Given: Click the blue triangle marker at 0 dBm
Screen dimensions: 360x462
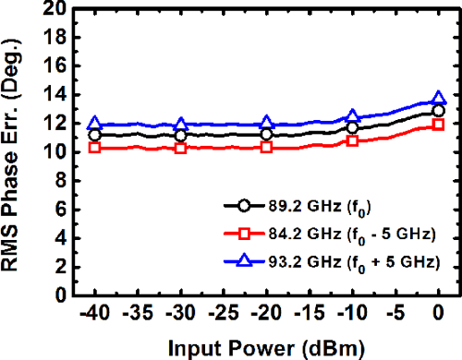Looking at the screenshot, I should point(439,98).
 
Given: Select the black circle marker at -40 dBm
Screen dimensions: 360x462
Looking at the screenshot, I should point(93,135).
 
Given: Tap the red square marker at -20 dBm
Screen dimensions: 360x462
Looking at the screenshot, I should point(266,147).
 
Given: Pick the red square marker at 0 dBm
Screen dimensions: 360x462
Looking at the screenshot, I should point(439,124).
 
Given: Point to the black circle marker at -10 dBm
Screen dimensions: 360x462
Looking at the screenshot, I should point(352,127).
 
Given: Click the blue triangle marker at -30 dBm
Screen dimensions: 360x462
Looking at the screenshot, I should point(180,124).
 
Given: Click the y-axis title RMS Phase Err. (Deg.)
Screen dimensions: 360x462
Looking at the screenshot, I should point(16,152).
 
